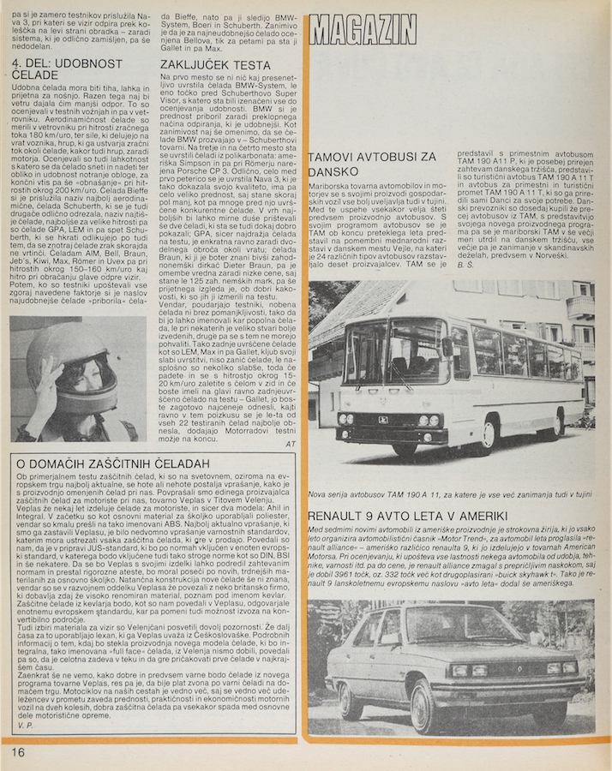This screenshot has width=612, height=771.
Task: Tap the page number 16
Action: (18, 752)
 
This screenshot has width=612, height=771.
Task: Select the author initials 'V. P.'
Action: (23, 726)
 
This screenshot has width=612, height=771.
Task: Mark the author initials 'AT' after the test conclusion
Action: (290, 444)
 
